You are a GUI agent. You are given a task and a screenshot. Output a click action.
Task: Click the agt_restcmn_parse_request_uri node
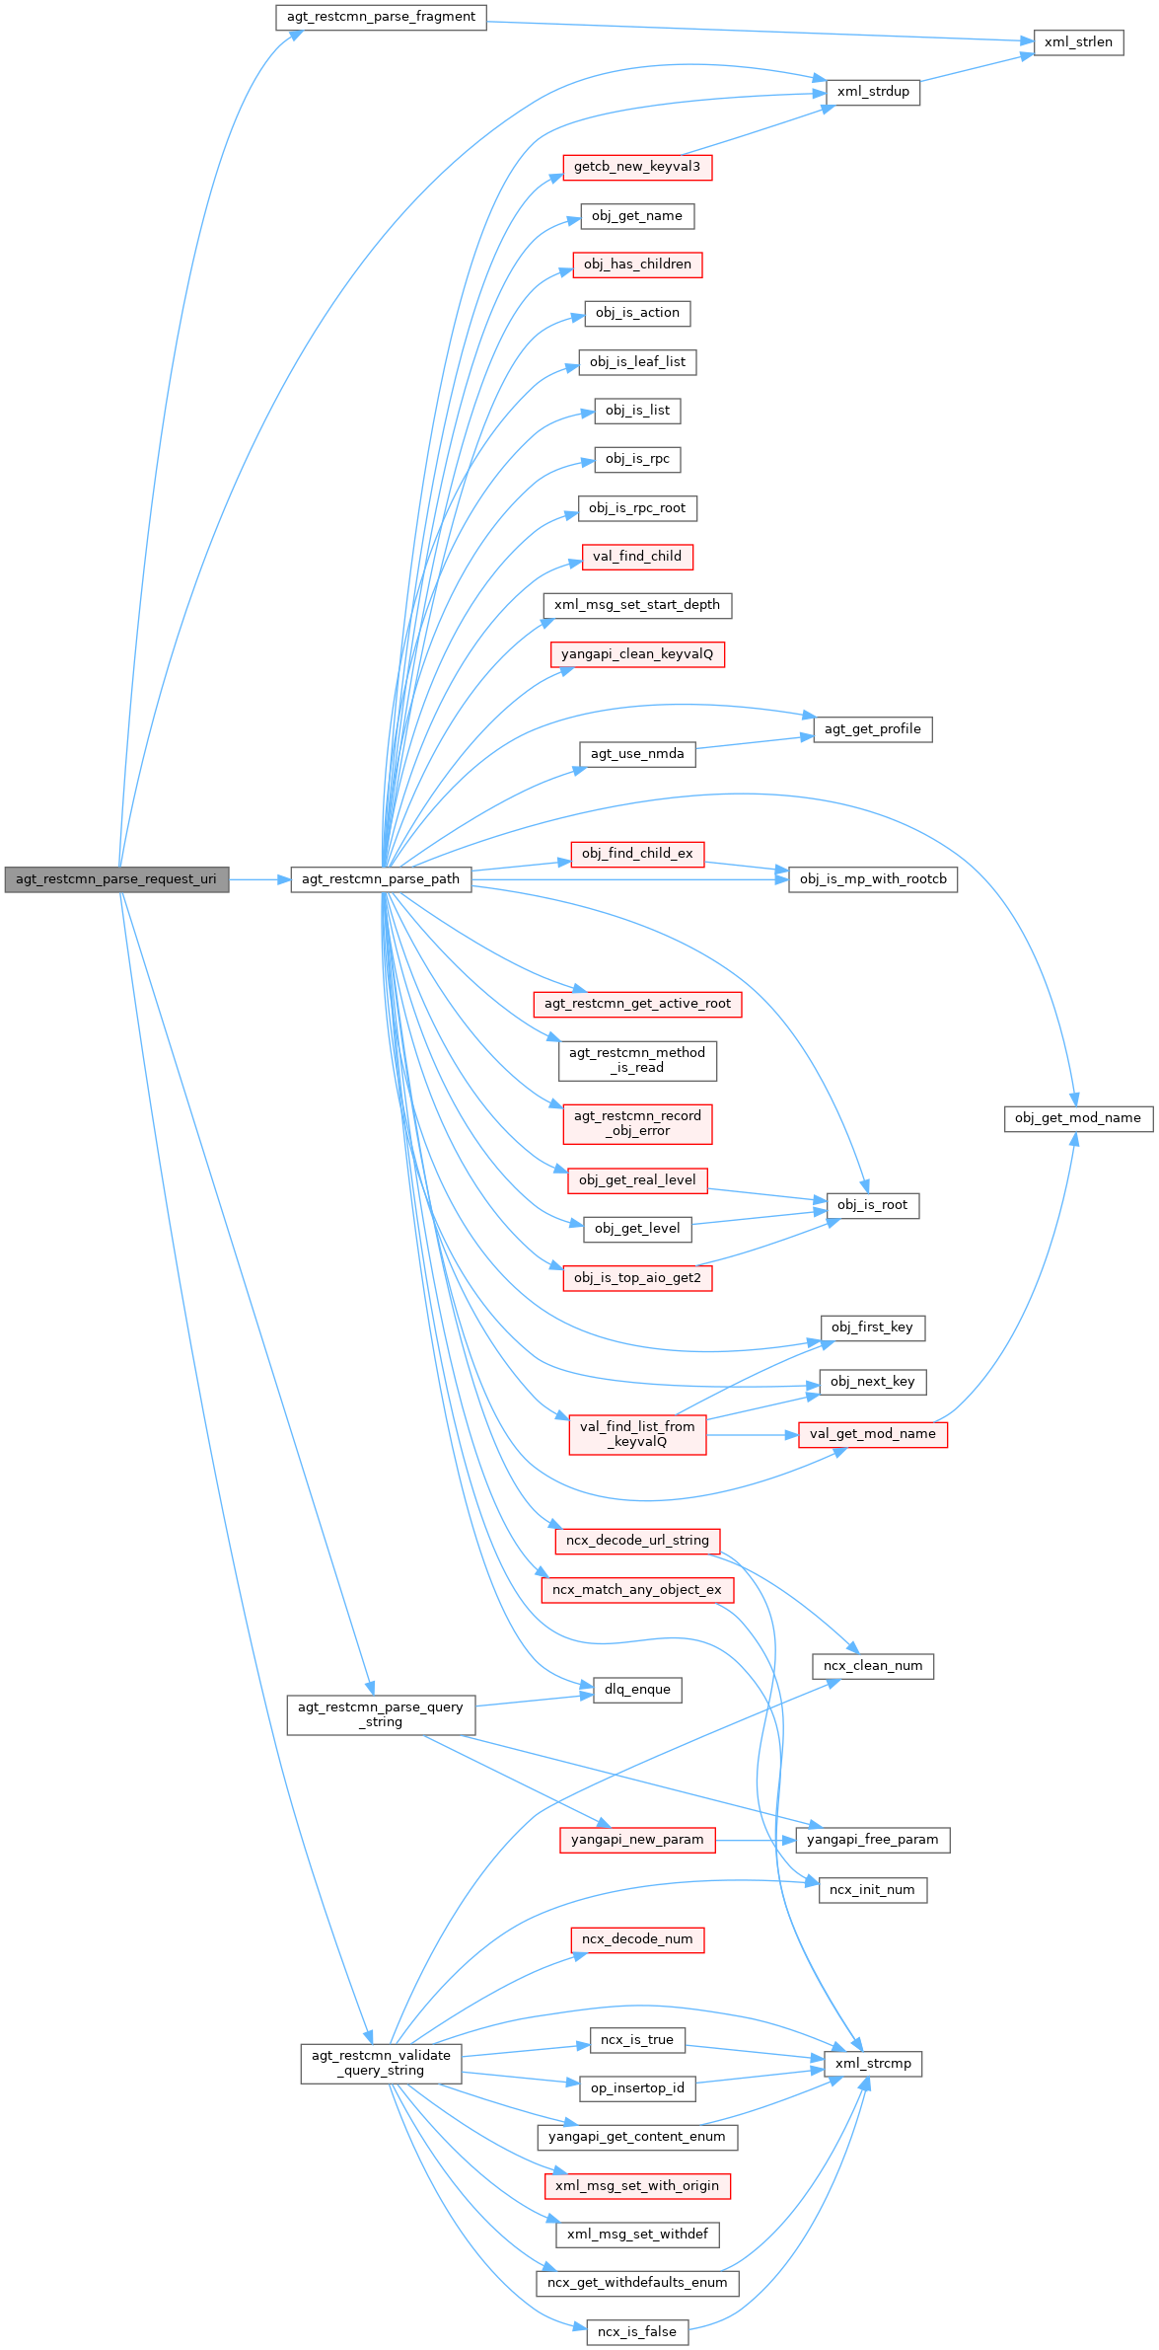116,879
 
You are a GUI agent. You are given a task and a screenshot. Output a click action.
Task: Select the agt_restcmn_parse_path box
381,879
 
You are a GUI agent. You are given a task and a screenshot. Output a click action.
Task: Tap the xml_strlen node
1078,42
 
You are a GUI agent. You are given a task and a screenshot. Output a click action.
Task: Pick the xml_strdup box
873,92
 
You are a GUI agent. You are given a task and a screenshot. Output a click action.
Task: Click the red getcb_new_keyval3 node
637,167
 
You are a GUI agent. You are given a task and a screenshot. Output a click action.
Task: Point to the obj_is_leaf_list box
637,362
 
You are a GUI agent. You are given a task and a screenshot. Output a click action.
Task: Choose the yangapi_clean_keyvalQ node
637,654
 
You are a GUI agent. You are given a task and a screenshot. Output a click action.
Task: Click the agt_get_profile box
873,729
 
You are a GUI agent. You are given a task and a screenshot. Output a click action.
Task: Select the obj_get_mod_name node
1078,1118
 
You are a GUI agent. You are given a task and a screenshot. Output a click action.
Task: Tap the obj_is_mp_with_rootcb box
873,879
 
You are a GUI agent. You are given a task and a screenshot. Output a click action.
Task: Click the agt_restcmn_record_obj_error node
637,1123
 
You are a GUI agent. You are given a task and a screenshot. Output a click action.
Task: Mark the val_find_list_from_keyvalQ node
637,1434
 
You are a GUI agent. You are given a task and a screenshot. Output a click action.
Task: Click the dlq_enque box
637,1690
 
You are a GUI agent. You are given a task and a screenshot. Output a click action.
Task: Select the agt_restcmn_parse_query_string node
381,1714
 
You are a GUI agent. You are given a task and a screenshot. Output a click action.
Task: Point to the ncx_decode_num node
637,1939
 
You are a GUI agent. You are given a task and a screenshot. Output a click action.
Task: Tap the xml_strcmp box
873,2064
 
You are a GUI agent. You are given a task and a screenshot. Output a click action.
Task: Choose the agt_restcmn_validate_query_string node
381,2063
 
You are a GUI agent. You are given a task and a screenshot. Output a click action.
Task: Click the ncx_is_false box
637,2332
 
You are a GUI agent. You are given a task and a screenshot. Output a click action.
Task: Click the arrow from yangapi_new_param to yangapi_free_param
755,1840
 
